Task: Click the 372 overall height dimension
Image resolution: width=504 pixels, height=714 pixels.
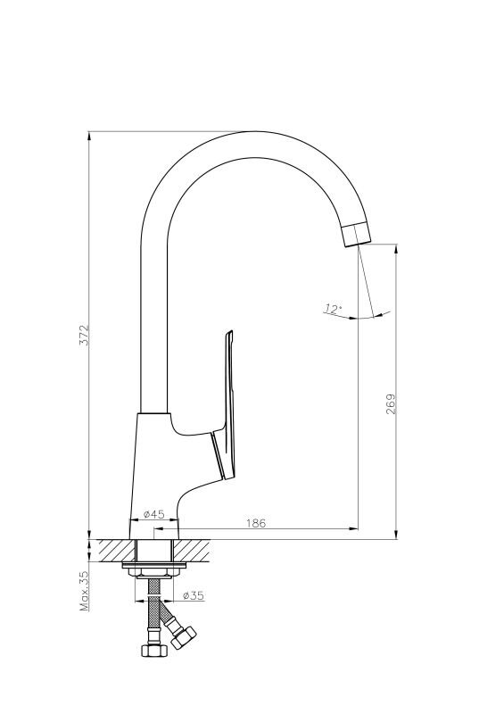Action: coord(85,336)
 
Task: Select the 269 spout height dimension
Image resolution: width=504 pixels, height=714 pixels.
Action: coord(391,404)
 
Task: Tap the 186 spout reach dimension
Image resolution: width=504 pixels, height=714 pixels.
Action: coord(256,523)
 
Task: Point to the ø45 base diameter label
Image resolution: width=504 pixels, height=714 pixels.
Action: coord(154,514)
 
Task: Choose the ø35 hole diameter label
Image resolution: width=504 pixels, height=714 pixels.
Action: coord(193,595)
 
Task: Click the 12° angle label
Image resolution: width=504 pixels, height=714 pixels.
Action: coord(333,309)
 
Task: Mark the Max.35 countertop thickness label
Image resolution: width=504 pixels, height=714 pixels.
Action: coord(85,591)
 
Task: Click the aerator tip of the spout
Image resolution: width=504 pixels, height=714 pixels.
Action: coord(356,235)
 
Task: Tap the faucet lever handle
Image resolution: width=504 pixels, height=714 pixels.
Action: coord(225,405)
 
